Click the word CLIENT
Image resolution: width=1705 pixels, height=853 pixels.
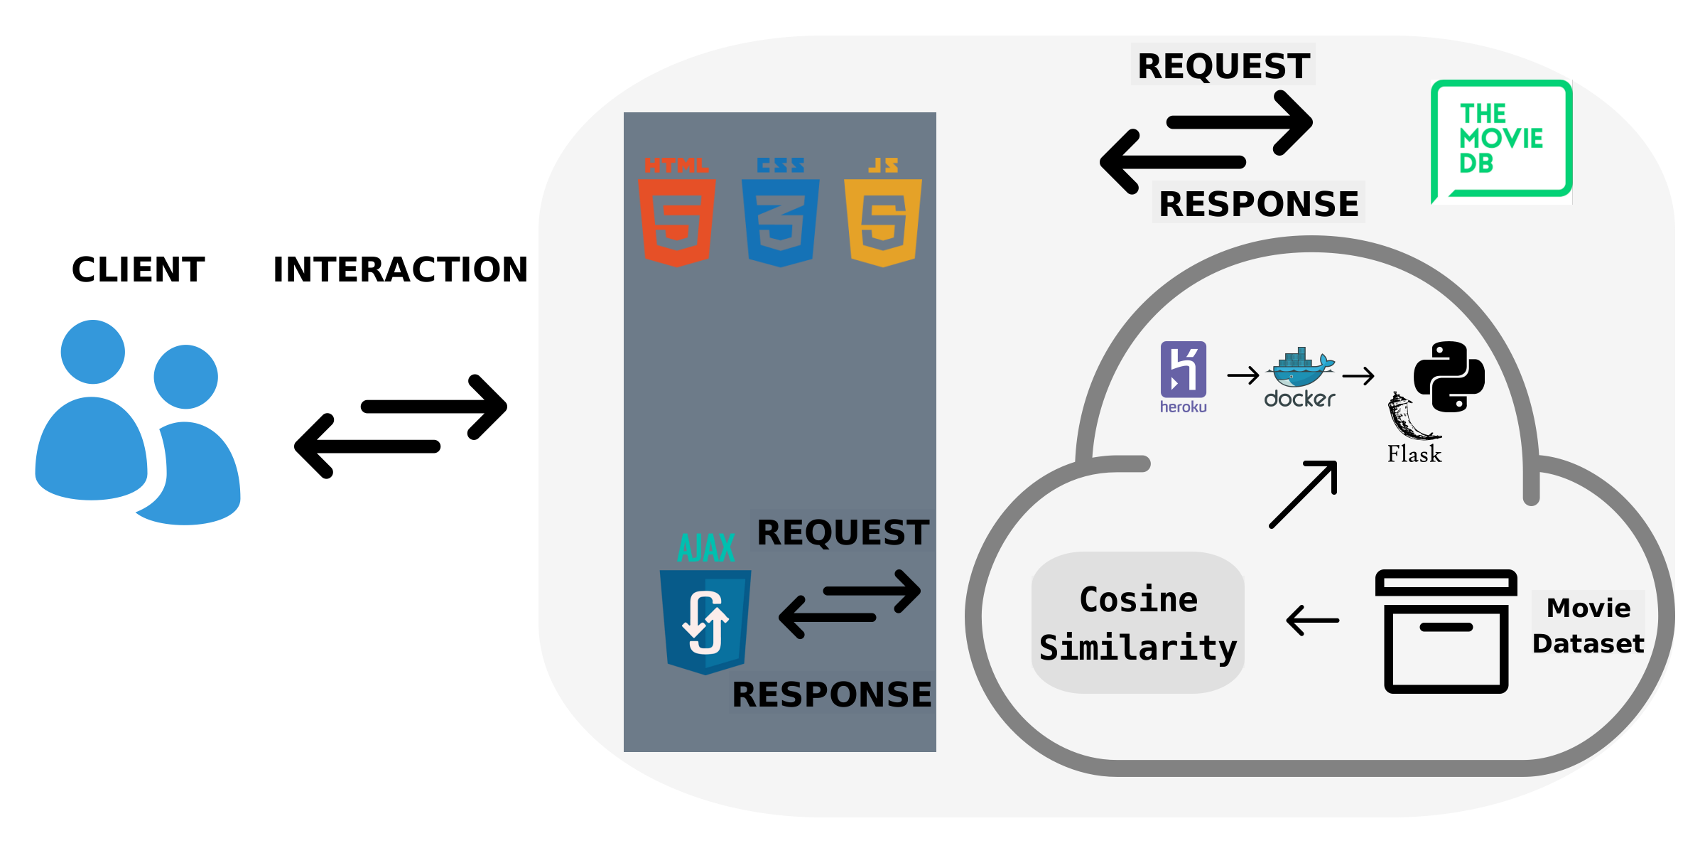tap(139, 270)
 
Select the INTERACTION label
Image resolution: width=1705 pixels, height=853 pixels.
tap(401, 270)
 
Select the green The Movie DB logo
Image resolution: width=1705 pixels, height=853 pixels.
tap(1501, 141)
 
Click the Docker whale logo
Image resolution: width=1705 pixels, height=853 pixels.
tap(1300, 370)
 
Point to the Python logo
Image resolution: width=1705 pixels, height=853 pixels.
tap(1449, 376)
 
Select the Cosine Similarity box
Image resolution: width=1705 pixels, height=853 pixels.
tap(1138, 623)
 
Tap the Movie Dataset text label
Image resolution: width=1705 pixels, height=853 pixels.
tap(1588, 626)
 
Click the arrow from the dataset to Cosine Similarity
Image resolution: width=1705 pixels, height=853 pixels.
tap(1313, 621)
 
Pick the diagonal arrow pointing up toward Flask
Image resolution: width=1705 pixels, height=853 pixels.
tap(1304, 494)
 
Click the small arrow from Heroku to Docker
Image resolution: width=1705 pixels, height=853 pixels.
tap(1243, 375)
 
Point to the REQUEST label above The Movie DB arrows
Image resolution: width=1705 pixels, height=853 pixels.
tap(1223, 66)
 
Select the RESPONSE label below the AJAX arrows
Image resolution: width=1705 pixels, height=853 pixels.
tap(832, 694)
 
